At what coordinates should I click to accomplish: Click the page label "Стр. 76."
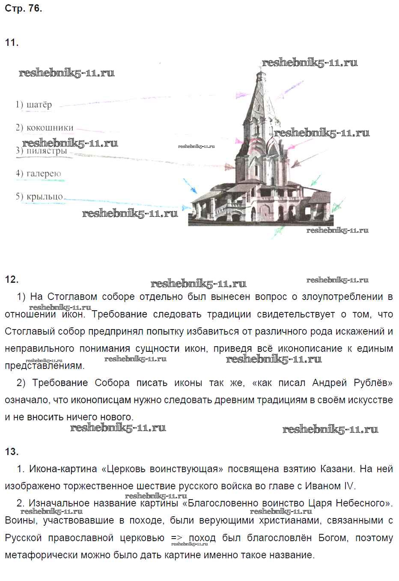tap(23, 8)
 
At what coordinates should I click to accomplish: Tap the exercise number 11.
tap(12, 42)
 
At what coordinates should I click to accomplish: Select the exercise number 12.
tap(12, 279)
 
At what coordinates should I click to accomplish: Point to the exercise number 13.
tap(12, 452)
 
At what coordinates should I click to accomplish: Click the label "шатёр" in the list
tap(39, 105)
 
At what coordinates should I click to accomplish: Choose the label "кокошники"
tap(50, 128)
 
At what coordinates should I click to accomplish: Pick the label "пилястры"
tap(47, 151)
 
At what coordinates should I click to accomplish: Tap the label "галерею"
tap(44, 174)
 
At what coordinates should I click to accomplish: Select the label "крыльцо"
tap(45, 197)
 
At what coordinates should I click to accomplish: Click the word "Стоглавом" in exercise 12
tap(72, 297)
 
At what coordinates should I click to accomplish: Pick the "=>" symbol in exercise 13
tap(177, 538)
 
